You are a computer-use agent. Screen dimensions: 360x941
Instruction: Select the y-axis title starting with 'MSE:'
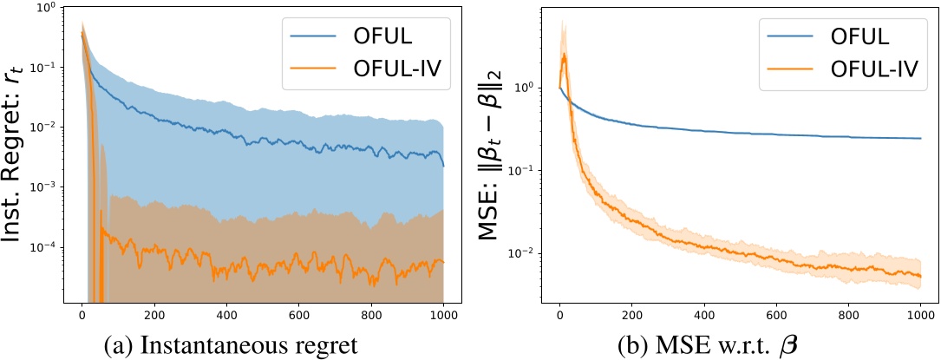coord(491,155)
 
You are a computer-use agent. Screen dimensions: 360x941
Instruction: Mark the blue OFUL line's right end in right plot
coord(920,139)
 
